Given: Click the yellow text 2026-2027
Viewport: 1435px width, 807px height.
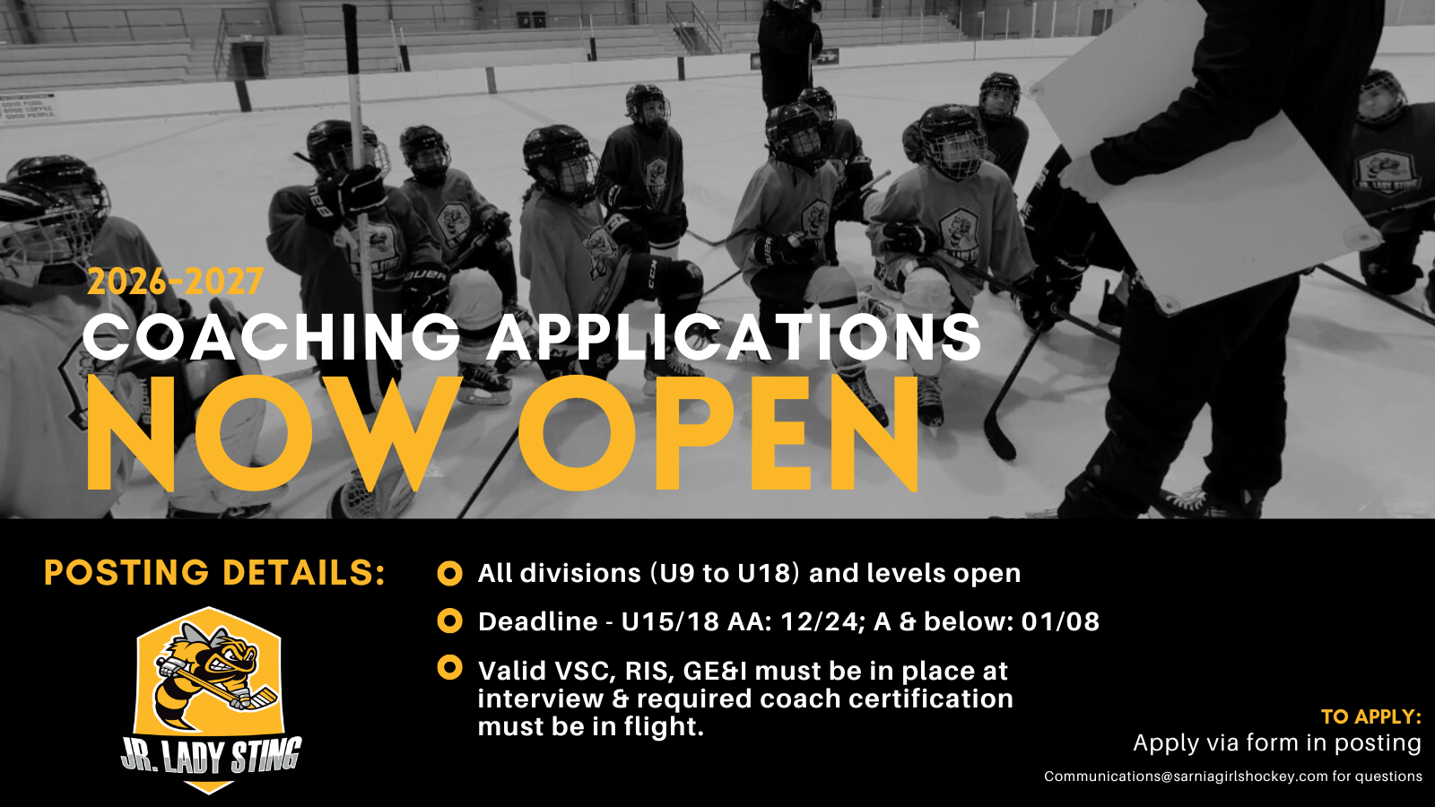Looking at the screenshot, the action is pos(176,282).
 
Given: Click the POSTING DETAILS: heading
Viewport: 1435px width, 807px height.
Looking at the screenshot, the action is pos(215,573).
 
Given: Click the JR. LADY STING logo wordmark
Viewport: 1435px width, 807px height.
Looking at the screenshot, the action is pos(212,757).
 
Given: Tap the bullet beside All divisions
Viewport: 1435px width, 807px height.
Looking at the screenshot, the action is pos(449,573).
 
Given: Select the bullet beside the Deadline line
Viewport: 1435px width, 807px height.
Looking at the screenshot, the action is pos(449,620).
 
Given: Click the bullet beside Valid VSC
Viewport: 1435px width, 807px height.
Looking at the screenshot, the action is pos(449,667).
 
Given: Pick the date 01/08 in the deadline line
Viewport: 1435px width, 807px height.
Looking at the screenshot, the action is pos(1060,621).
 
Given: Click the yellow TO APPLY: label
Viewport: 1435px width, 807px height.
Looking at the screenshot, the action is pos(1371,716).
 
